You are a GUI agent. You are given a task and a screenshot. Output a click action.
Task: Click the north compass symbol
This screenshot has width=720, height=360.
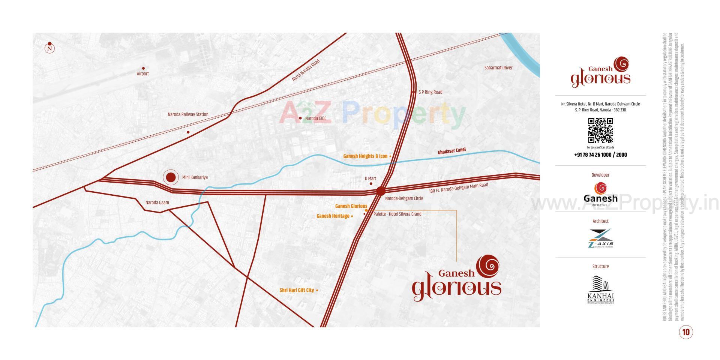point(49,48)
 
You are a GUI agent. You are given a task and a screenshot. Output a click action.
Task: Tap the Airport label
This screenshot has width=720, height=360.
point(143,73)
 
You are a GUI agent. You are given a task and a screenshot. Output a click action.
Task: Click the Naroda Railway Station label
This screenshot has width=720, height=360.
point(188,114)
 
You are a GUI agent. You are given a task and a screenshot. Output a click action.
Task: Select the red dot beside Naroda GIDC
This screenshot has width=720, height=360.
point(300,118)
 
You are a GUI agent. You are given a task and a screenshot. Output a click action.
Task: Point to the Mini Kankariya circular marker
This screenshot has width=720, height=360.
point(171,177)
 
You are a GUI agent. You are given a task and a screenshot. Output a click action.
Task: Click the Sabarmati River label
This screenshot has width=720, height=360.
point(498,68)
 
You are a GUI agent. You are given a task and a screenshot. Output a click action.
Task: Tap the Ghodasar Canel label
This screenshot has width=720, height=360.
point(452,151)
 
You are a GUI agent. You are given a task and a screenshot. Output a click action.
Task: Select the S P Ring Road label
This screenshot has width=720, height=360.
point(430,92)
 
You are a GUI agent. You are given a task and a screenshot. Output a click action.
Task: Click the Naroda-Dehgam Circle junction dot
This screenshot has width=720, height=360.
point(380,191)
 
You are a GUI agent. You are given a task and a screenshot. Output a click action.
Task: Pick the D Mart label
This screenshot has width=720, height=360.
point(370,178)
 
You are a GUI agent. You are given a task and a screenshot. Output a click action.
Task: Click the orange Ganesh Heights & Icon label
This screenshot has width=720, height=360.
point(365,156)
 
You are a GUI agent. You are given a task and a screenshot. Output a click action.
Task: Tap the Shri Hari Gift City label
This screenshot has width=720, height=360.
point(297,290)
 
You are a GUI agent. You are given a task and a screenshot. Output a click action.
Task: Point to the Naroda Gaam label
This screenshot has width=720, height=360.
point(157,202)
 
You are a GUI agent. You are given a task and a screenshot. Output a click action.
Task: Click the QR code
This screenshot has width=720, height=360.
point(600,130)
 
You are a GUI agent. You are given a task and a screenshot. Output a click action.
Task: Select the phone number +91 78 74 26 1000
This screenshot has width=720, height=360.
point(600,154)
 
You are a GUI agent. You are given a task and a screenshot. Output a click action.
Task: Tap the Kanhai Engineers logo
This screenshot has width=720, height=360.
point(600,289)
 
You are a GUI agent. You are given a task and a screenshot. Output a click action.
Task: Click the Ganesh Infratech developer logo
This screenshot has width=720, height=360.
point(600,194)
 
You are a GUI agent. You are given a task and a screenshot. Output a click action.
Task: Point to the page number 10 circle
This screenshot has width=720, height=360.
point(686,332)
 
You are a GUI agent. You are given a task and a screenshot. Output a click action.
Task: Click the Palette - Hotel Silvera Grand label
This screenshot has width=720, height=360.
point(397,214)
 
